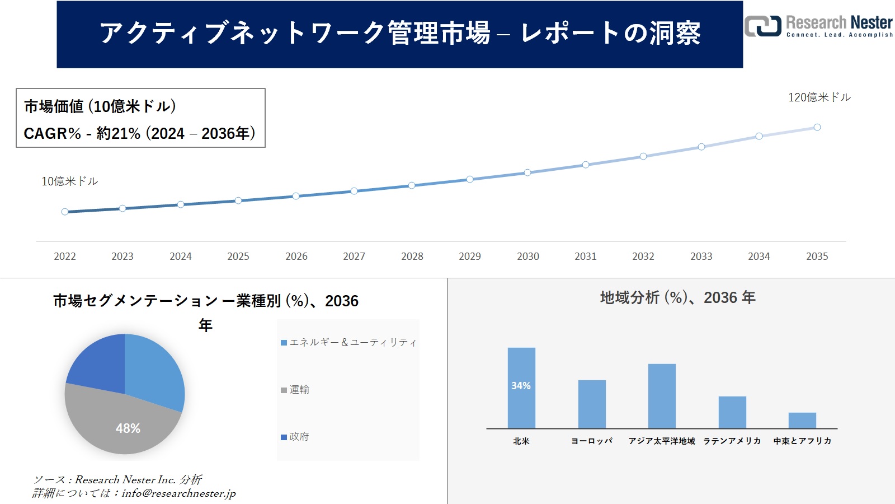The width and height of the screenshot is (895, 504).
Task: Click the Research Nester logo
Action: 818,26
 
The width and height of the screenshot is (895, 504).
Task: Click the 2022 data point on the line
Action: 65,212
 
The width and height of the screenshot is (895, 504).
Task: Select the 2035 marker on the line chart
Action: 817,127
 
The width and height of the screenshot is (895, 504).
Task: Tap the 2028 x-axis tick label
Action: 412,256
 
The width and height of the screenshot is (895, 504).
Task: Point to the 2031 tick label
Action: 585,256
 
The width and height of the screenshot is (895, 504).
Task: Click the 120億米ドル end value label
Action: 819,97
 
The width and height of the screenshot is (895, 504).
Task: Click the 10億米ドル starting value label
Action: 69,181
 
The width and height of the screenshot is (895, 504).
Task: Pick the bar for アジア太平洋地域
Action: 662,396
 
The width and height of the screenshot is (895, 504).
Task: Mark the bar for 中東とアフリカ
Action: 802,420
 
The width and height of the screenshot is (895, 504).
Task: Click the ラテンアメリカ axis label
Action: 732,441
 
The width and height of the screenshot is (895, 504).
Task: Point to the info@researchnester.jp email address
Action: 179,493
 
